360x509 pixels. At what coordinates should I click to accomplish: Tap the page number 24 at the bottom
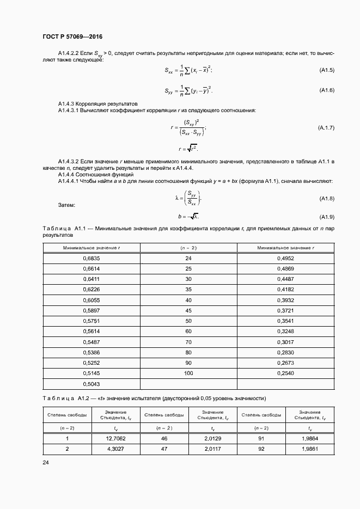coord(45,463)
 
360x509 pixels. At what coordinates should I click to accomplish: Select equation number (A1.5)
coord(326,70)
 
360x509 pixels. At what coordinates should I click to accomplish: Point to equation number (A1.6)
coord(326,90)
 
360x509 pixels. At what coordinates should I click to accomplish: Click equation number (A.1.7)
coord(326,127)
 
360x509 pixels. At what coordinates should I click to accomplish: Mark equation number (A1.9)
coord(326,217)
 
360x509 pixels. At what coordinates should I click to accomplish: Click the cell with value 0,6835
coord(91,259)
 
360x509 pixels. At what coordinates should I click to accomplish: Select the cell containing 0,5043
coord(91,384)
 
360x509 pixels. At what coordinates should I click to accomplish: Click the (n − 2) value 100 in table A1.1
coord(188,373)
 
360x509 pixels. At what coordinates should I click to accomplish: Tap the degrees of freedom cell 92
coord(261,449)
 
